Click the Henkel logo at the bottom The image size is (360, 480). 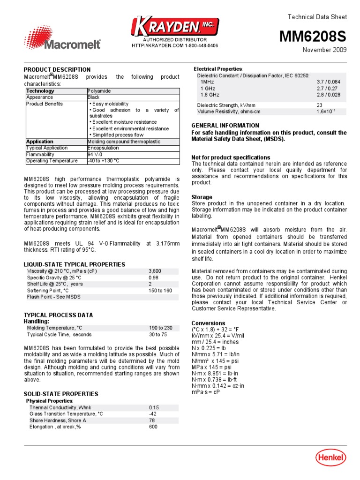pos(330,458)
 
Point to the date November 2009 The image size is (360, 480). pos(324,50)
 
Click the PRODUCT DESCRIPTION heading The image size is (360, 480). pos(57,70)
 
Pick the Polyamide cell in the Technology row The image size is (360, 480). pos(99,91)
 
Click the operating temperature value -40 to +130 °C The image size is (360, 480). pos(104,161)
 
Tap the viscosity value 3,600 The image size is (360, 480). pos(155,271)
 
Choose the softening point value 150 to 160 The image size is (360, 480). pos(160,291)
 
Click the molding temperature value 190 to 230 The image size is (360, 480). pos(161,328)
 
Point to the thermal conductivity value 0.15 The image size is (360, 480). pos(154,408)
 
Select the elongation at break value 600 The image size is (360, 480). pos(153,427)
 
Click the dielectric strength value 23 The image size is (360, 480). pos(319,105)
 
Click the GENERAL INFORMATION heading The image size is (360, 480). pos(225,126)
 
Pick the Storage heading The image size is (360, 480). pos(202,197)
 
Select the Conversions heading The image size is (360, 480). pos(208,323)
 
